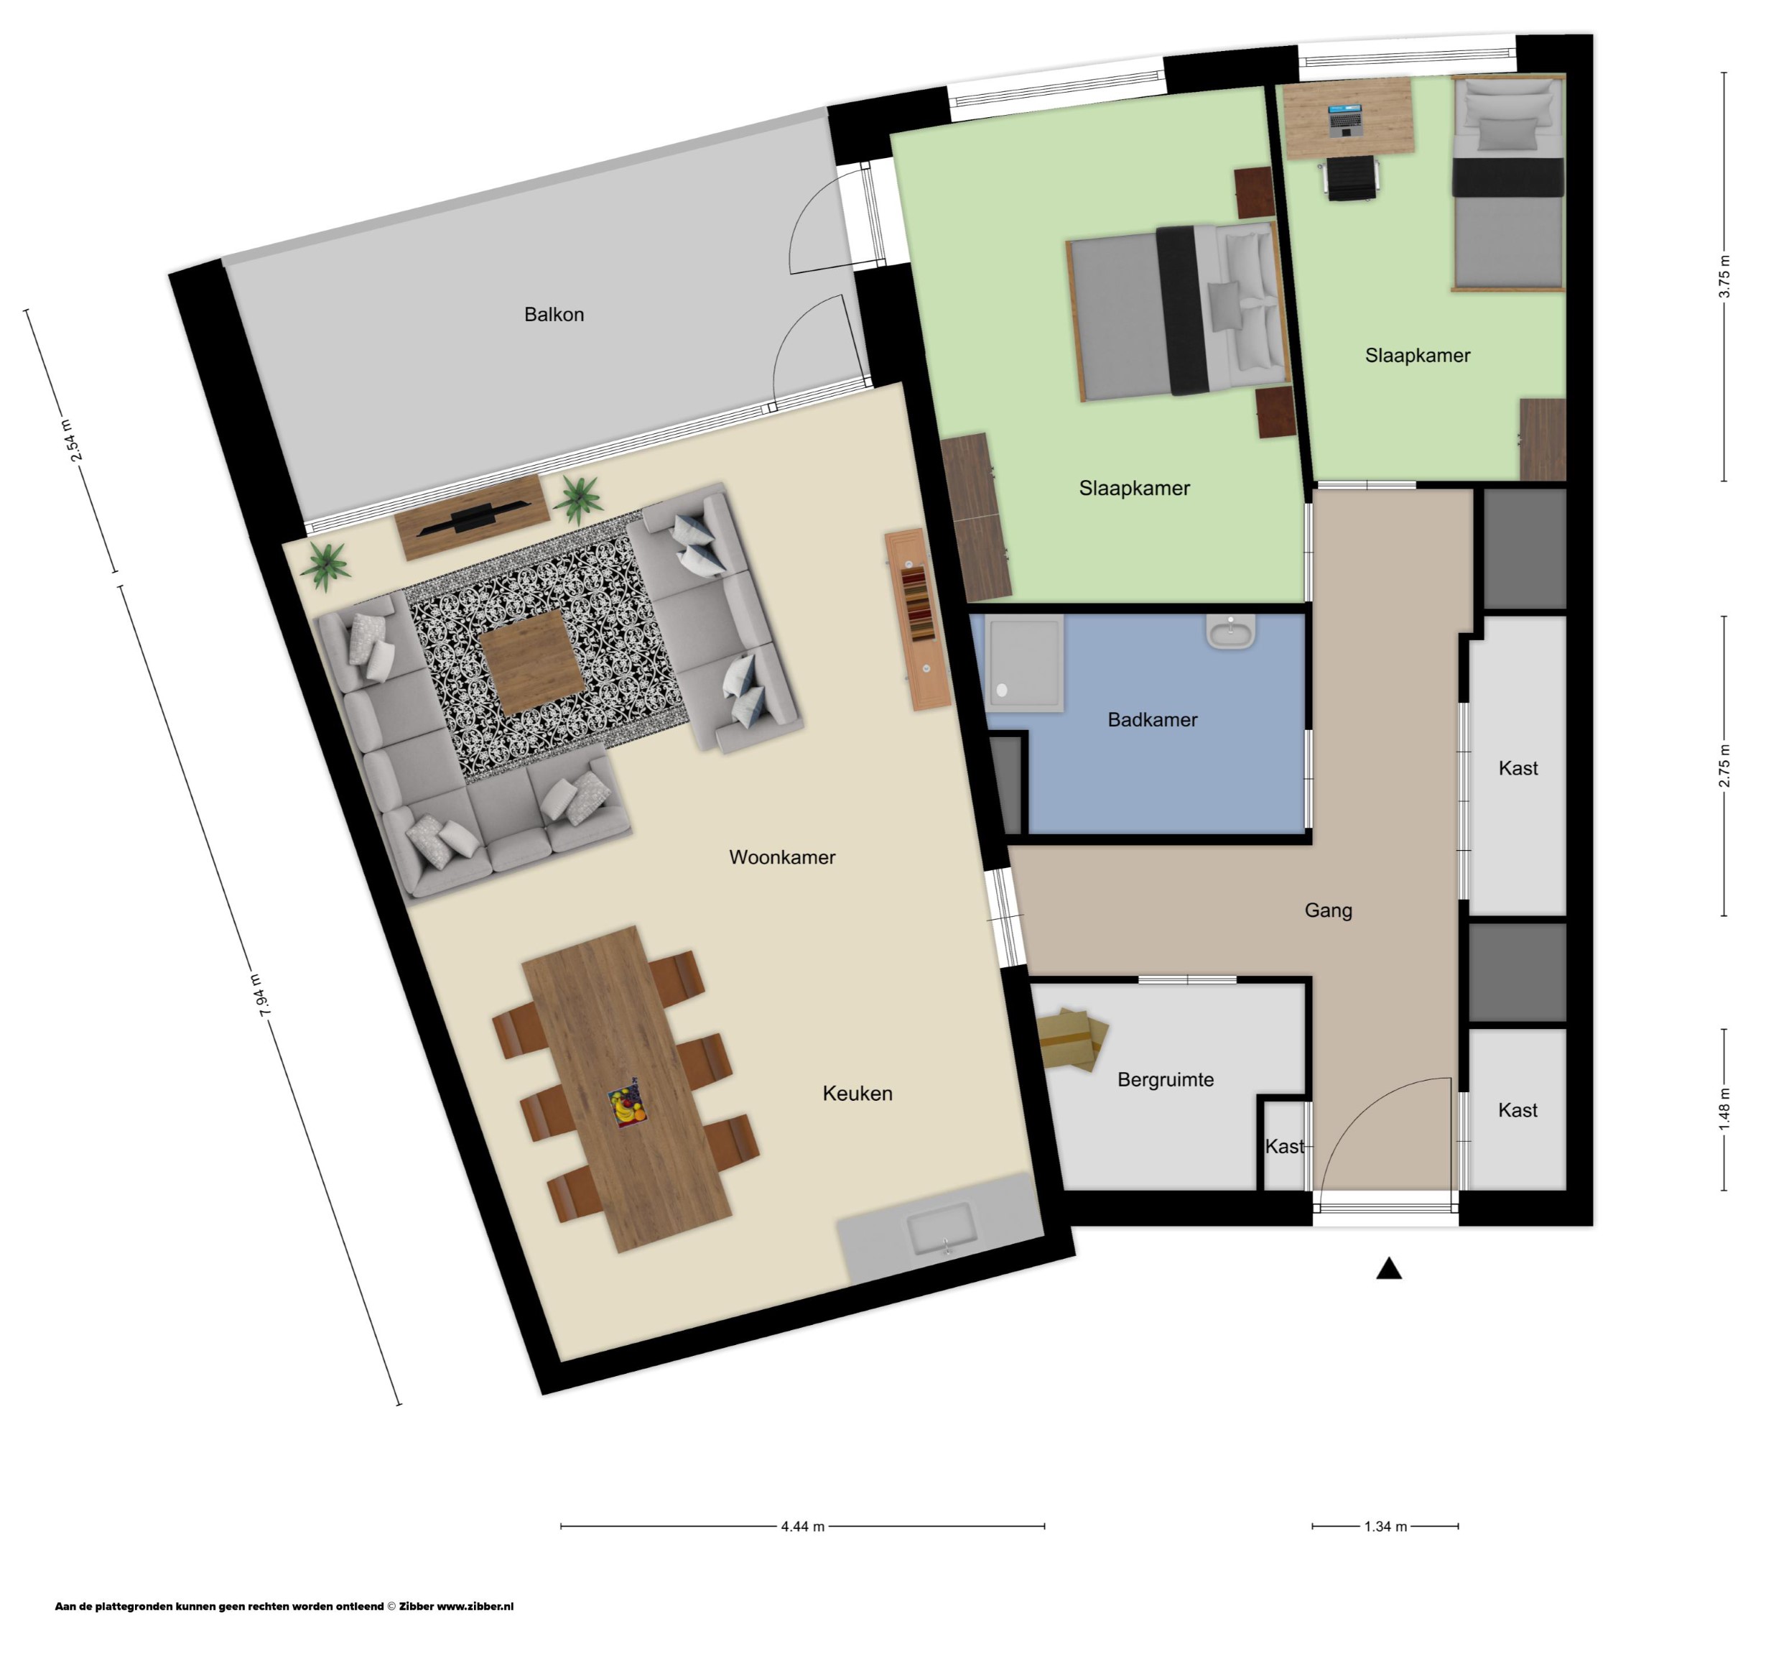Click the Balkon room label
(554, 315)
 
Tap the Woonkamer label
(781, 857)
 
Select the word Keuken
(858, 1094)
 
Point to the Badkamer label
(1152, 720)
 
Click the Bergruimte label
(1166, 1080)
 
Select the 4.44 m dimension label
(802, 1527)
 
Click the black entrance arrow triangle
(1388, 1269)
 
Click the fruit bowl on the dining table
(627, 1107)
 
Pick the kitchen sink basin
(942, 1229)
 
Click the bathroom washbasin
(1230, 632)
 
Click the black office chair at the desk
(1351, 177)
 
